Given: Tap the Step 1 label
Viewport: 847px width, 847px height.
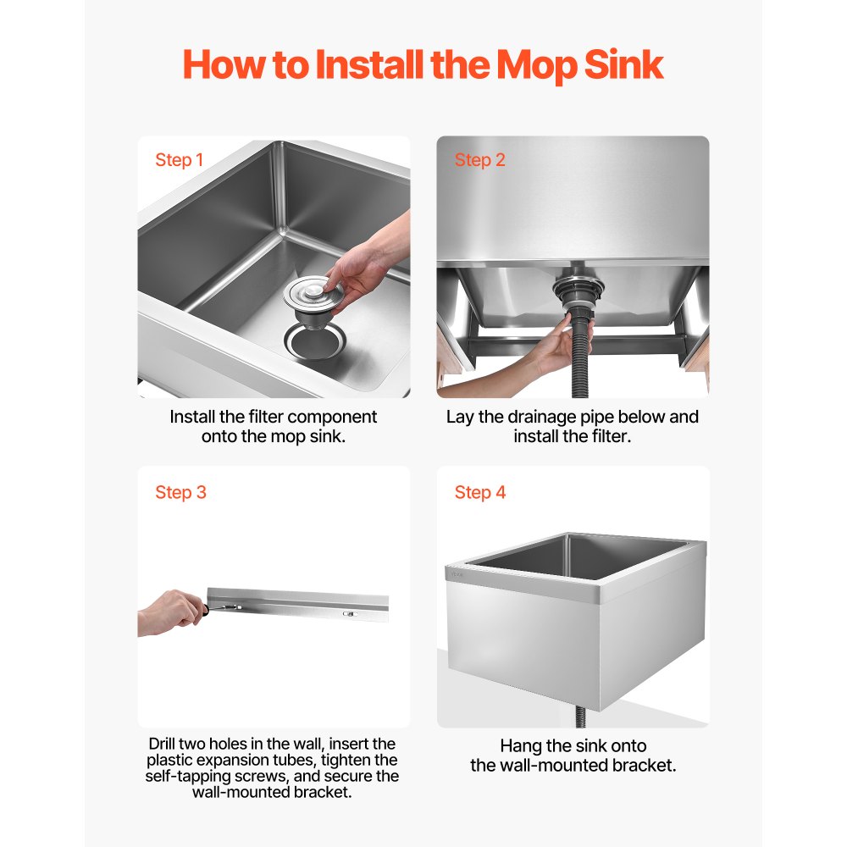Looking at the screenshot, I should click(179, 160).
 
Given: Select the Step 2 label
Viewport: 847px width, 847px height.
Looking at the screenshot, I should click(479, 160).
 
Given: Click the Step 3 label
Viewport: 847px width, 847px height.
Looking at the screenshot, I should click(180, 492).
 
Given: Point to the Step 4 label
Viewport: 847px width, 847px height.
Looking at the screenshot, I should click(479, 492).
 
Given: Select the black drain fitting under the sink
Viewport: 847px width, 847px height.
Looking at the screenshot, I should click(579, 292).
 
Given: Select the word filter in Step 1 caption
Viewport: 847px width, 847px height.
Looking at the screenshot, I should click(263, 417).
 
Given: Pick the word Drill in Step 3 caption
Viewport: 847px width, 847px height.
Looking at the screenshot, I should click(167, 744).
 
